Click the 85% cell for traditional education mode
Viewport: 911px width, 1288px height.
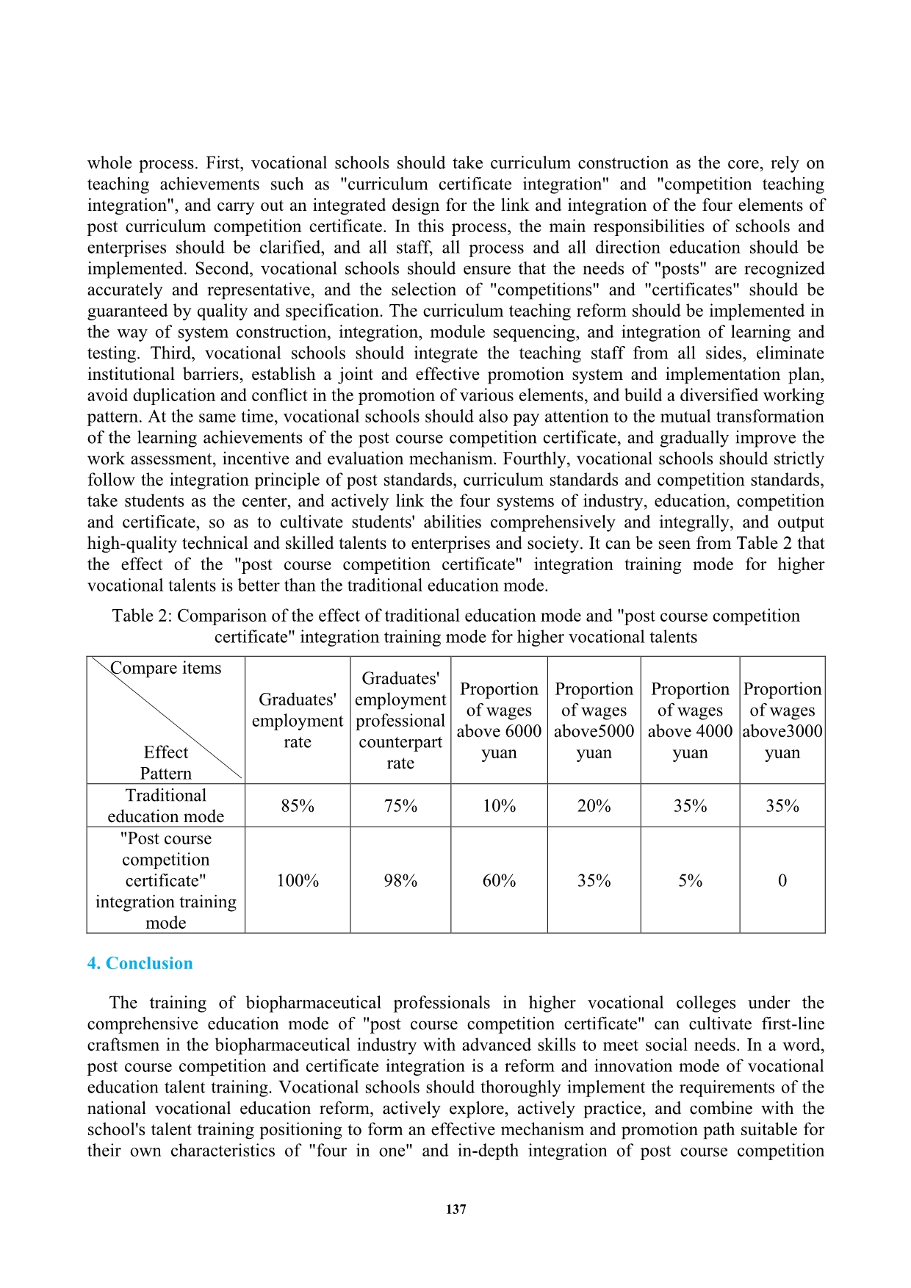298,806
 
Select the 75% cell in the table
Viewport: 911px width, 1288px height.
400,806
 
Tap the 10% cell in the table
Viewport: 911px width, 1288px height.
499,806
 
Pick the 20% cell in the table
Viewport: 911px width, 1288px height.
594,806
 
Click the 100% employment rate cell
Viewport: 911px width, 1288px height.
298,881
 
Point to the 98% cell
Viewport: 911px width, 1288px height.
400,881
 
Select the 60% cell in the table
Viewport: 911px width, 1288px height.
499,881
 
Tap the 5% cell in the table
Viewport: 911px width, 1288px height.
690,881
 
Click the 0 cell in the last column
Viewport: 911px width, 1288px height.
782,881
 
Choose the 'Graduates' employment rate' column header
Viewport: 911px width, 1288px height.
298,721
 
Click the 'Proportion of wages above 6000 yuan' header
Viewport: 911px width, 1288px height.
499,721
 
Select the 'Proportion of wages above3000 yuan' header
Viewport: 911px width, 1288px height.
782,721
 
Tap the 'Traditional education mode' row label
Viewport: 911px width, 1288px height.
166,806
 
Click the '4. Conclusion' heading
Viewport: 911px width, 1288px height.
140,963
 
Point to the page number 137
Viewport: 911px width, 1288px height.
455,1209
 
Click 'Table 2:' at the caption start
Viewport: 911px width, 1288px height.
142,616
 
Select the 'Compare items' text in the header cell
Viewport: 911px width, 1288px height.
166,668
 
